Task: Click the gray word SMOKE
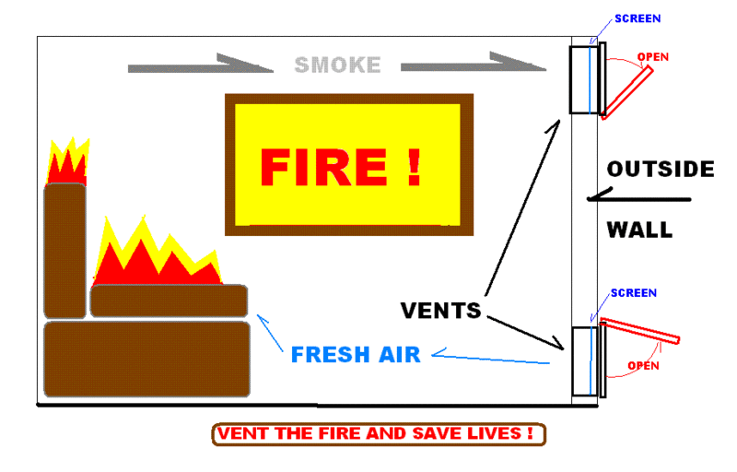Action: click(337, 65)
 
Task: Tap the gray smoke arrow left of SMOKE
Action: click(198, 66)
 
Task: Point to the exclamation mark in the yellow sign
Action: click(414, 166)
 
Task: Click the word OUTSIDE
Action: click(660, 170)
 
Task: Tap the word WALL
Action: click(638, 230)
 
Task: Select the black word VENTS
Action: click(441, 311)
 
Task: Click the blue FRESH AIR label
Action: click(356, 354)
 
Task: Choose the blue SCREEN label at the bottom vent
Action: click(634, 293)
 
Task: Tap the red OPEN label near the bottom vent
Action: click(643, 365)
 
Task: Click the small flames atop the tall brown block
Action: click(67, 164)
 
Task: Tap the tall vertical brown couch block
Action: click(64, 250)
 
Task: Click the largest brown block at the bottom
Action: click(146, 359)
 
